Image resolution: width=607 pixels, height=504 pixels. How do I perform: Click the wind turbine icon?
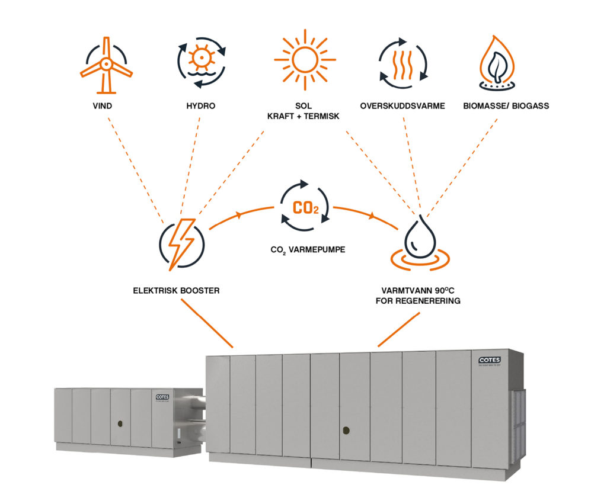[106, 65]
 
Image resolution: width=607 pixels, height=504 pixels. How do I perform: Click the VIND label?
[106, 106]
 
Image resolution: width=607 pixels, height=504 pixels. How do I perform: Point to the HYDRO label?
[200, 106]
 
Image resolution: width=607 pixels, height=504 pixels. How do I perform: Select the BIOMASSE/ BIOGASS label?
[506, 106]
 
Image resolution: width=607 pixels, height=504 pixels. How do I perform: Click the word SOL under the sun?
[305, 106]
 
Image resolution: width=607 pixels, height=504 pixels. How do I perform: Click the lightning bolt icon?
[181, 243]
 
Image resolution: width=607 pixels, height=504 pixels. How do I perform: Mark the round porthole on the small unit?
[120, 423]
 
